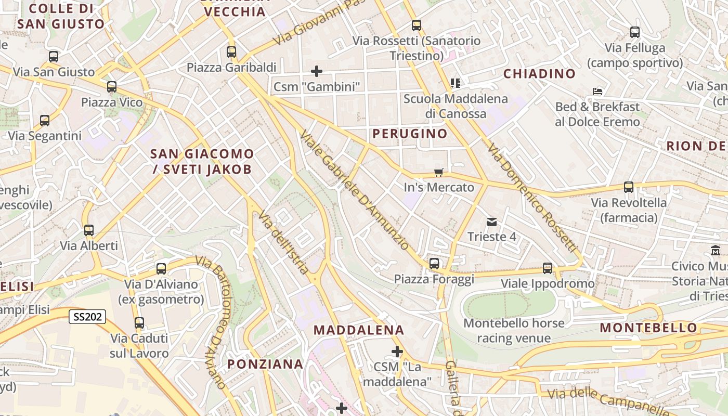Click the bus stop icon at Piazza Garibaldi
[231, 52]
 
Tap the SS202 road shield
[87, 316]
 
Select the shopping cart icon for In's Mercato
[439, 172]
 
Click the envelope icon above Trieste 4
[491, 222]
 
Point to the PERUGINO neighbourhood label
[410, 134]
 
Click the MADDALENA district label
[359, 330]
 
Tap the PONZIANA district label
[265, 364]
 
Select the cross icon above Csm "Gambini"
[316, 71]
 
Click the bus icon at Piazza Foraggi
[434, 264]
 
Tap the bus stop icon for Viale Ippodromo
[548, 268]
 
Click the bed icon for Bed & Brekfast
[597, 92]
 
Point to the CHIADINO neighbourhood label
[539, 74]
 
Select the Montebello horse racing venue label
[514, 331]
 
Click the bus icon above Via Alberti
[89, 230]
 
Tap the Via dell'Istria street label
[284, 242]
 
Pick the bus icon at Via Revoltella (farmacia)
[628, 187]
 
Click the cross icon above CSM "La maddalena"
[397, 352]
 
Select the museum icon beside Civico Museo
[715, 251]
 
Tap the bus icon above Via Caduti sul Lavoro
[139, 322]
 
